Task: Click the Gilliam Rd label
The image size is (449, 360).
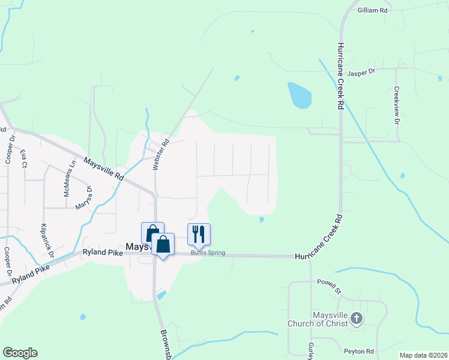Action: [373, 10]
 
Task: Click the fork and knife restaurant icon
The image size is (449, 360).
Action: [199, 233]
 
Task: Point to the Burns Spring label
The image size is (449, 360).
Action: [208, 253]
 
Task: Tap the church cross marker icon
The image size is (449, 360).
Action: [357, 319]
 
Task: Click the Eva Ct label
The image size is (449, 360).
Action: [23, 159]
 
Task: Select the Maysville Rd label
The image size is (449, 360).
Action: [103, 170]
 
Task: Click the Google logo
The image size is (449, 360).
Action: [20, 353]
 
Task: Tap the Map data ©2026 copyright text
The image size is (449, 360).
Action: [423, 355]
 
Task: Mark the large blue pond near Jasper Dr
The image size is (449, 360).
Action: [300, 95]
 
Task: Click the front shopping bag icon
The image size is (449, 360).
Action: [163, 244]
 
